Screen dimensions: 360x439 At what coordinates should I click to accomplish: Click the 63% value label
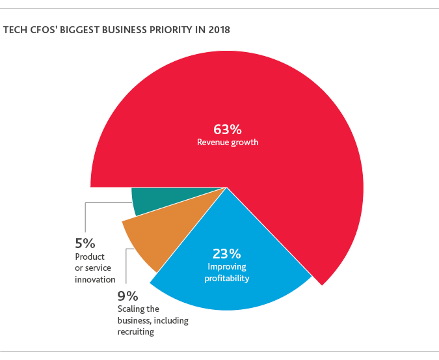coord(227,128)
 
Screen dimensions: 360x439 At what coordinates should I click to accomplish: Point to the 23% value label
coord(227,253)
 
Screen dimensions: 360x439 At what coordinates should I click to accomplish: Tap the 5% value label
coord(85,243)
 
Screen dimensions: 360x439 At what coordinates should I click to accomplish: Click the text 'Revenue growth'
coord(227,142)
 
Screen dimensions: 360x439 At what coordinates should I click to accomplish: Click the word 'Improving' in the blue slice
coord(227,266)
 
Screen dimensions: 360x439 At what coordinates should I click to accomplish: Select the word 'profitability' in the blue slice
coord(227,278)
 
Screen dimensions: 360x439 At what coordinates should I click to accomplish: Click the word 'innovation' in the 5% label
coord(95,280)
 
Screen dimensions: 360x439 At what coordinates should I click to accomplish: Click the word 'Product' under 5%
coord(90,256)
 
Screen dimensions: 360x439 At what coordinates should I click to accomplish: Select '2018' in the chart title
coord(218,30)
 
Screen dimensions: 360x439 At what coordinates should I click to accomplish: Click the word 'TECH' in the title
coord(14,30)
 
